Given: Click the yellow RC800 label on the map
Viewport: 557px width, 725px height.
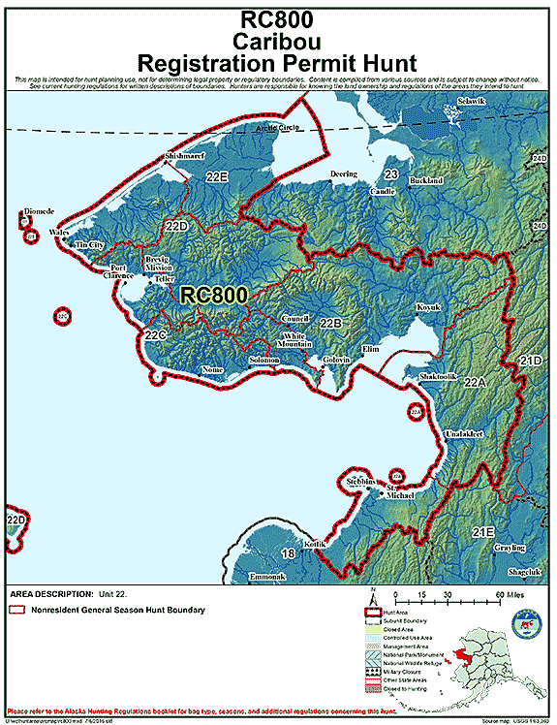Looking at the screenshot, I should tap(214, 294).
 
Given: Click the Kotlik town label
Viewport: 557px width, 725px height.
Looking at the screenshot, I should tap(316, 545).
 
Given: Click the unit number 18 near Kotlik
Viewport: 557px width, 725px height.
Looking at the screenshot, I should tap(287, 553).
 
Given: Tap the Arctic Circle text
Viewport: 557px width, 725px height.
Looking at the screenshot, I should tap(278, 129).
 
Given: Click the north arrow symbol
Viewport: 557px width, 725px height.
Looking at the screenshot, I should tap(370, 593).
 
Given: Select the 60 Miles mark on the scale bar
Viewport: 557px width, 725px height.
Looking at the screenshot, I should tap(493, 593).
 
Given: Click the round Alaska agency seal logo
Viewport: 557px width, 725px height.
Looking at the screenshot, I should tap(529, 621).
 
